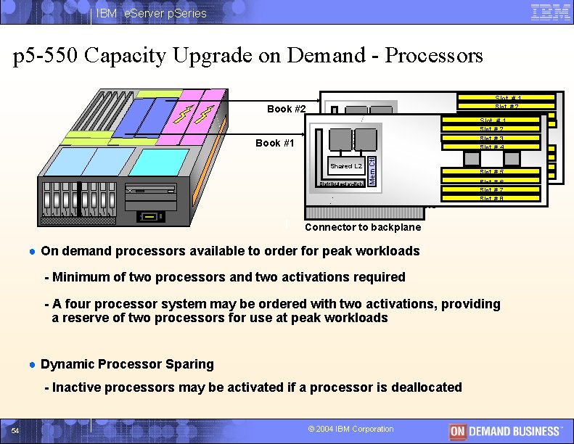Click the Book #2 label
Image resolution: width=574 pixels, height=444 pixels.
pos(287,109)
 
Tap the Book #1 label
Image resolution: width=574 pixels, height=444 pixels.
pos(275,143)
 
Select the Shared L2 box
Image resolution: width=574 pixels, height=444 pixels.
pos(346,166)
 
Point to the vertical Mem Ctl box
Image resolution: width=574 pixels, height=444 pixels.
pos(372,168)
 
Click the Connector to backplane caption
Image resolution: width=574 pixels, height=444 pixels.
pos(362,227)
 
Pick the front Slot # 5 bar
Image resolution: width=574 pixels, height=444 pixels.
pos(492,173)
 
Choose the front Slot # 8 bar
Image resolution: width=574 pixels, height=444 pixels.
pos(492,199)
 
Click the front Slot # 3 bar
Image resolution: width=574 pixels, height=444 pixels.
pos(492,139)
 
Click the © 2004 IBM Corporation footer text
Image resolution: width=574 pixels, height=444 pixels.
pos(351,429)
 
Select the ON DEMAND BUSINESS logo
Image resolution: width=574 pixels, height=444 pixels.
pos(505,430)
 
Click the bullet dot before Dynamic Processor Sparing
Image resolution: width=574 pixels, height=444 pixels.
pos(32,364)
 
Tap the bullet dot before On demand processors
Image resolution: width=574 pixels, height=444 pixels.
pos(32,251)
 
